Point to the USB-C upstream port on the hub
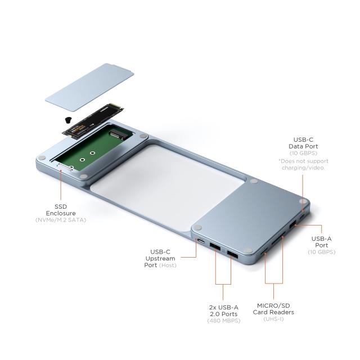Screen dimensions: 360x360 click(201, 242)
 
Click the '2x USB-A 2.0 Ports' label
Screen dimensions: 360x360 click(223, 310)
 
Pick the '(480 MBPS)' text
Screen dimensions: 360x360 click(223, 321)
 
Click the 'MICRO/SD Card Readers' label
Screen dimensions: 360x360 click(274, 308)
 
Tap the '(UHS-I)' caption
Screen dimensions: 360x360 click(274, 319)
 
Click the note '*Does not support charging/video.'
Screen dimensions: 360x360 click(303, 164)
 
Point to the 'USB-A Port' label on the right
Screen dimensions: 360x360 click(322, 242)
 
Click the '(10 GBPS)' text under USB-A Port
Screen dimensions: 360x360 click(322, 251)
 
